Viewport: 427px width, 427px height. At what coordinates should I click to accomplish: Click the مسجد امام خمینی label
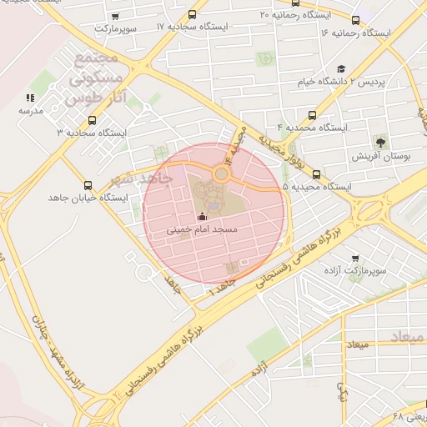pos(203,229)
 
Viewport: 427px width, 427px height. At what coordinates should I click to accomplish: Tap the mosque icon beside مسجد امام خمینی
pos(201,217)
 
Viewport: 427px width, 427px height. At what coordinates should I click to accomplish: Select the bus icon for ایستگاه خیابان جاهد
pos(88,186)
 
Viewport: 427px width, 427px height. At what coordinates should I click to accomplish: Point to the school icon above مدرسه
pos(31,98)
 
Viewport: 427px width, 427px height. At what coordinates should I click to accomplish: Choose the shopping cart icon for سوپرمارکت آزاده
pos(356,259)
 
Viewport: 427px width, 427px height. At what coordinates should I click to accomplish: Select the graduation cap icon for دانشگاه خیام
pos(341,69)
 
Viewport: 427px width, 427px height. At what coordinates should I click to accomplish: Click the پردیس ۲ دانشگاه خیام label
pos(341,82)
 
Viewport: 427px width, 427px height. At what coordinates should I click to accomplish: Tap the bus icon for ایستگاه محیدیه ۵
pos(316,174)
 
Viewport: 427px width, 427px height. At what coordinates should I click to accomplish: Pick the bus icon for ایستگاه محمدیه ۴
pos(313,116)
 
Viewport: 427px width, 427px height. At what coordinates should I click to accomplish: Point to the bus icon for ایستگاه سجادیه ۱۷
pos(193,15)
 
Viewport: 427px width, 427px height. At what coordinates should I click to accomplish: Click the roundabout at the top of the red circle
pos(221,174)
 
